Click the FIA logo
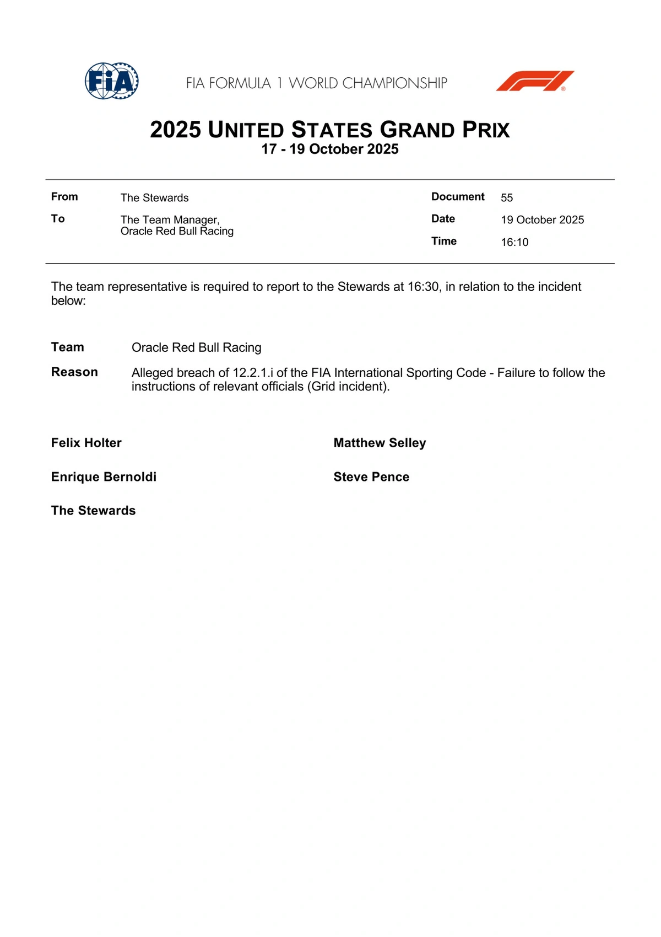tap(111, 81)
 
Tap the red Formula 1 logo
tap(535, 81)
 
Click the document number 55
tap(507, 197)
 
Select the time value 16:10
tap(514, 242)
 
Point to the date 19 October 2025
tap(542, 220)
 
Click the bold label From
tap(64, 197)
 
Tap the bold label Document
tap(458, 197)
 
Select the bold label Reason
tap(74, 372)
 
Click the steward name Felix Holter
tap(86, 443)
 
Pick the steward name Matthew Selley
tap(380, 443)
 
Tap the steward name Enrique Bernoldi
tap(104, 477)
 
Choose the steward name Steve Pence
tap(371, 477)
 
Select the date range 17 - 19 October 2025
tap(330, 149)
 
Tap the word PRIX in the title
tap(486, 130)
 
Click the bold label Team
tap(68, 347)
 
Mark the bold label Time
tap(444, 241)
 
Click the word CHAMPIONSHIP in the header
tap(394, 83)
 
